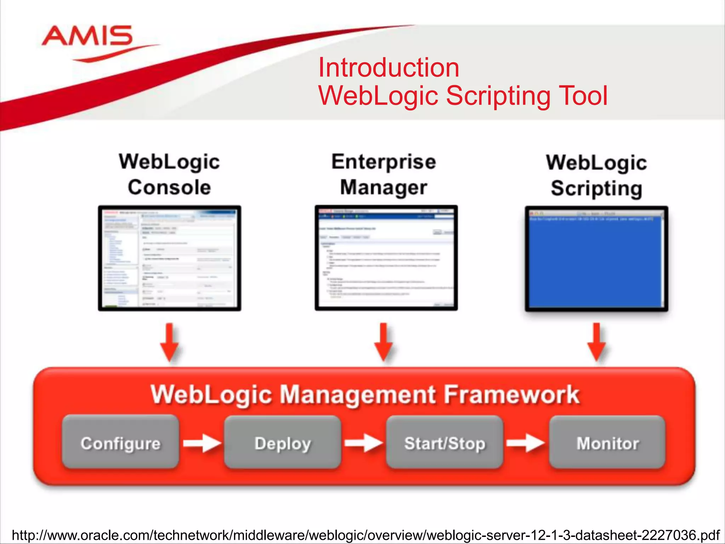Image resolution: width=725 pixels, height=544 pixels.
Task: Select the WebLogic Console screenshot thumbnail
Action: click(170, 258)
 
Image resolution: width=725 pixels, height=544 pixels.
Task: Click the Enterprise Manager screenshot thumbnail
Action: click(386, 258)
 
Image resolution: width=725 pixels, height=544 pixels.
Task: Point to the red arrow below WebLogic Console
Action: click(170, 342)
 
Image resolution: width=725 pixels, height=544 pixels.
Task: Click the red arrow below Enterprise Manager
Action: click(384, 342)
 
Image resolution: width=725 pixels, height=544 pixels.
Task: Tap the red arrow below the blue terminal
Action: click(597, 342)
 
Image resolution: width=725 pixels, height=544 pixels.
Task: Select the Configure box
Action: click(120, 443)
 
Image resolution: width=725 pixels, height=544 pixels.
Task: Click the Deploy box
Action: click(282, 443)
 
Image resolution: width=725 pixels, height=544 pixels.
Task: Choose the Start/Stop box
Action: click(445, 443)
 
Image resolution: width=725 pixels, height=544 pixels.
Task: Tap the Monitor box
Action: click(607, 443)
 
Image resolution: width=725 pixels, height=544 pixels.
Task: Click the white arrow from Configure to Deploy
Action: click(202, 443)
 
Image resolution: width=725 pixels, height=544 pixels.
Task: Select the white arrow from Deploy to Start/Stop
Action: click(364, 443)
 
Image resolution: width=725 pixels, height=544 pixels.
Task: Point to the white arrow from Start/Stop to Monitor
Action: click(526, 443)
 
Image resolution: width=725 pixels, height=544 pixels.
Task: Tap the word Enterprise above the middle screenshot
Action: click(384, 162)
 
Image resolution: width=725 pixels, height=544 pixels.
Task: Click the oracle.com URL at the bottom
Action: click(366, 535)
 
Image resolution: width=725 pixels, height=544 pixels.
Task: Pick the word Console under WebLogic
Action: click(169, 187)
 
